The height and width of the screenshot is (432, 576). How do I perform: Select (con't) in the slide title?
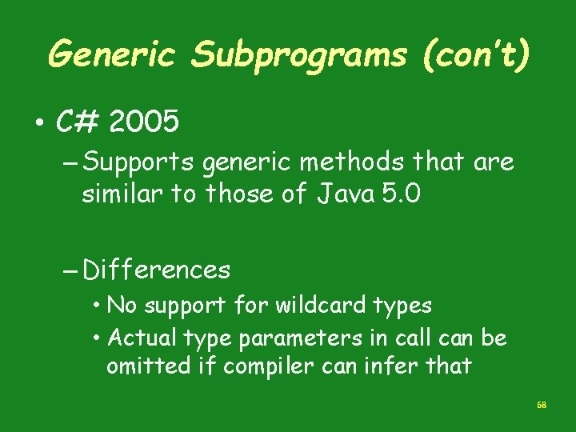click(479, 55)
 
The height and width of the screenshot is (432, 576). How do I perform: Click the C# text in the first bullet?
click(78, 122)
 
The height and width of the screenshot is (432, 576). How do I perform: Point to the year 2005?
click(144, 122)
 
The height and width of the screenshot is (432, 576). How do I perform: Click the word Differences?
click(156, 270)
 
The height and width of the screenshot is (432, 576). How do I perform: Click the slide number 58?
click(542, 406)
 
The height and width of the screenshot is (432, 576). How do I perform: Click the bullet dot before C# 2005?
click(38, 124)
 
